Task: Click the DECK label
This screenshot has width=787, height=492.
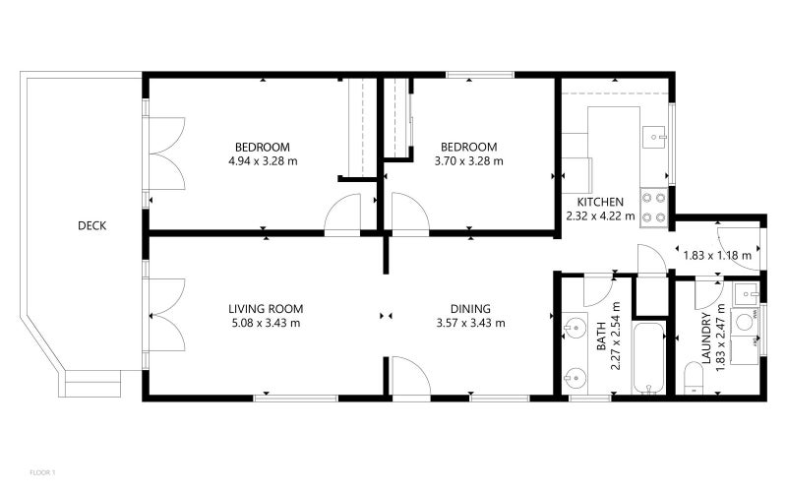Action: [x=91, y=226]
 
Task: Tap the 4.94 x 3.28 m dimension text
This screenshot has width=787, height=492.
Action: [x=262, y=161]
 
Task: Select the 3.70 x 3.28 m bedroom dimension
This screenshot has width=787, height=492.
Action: [x=469, y=161]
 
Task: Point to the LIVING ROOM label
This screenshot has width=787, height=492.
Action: [x=265, y=308]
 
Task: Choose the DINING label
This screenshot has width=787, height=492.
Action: [x=470, y=308]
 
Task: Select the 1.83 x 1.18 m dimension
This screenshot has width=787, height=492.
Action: [x=717, y=256]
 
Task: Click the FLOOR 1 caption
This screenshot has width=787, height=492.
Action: [x=43, y=472]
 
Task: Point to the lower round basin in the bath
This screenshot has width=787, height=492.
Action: [x=574, y=375]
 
